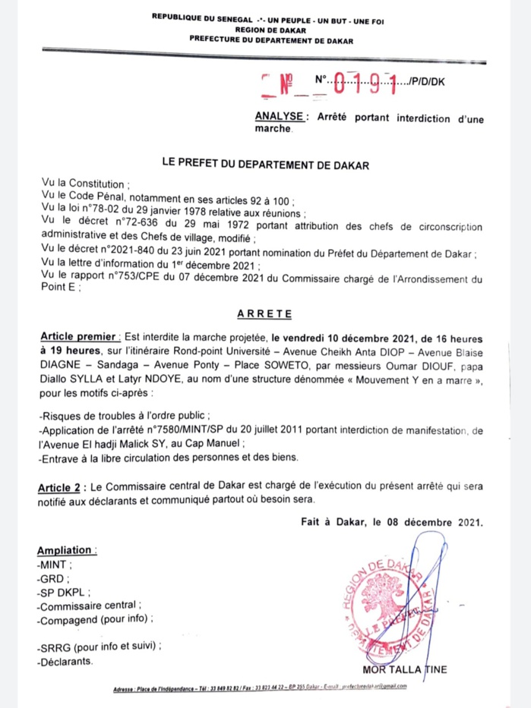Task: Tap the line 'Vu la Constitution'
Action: tap(86, 184)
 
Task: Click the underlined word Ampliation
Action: tap(67, 549)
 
